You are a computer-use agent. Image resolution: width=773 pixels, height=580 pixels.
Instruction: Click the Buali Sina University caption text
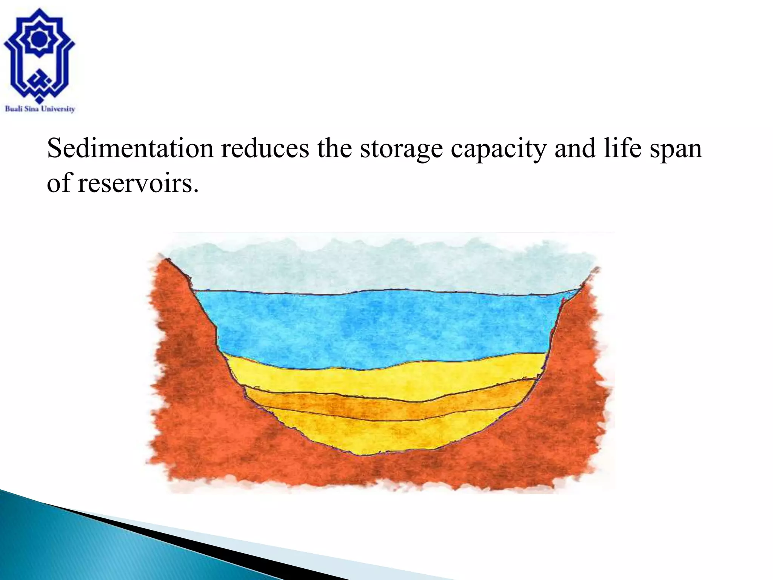coord(40,109)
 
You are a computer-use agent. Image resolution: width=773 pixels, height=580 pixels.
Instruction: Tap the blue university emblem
coord(39,57)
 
